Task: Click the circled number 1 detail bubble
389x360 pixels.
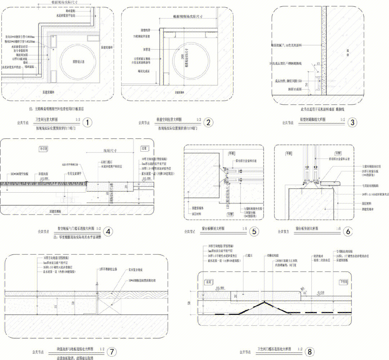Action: (86, 122)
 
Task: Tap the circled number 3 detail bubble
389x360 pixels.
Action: (352, 122)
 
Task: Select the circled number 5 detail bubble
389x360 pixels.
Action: (254, 231)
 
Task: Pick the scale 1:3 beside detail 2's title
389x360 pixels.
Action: (199, 119)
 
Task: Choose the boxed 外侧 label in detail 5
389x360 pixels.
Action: (231, 153)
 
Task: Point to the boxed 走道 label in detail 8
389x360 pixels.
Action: (209, 282)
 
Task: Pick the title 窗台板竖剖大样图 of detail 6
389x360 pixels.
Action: (308, 228)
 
